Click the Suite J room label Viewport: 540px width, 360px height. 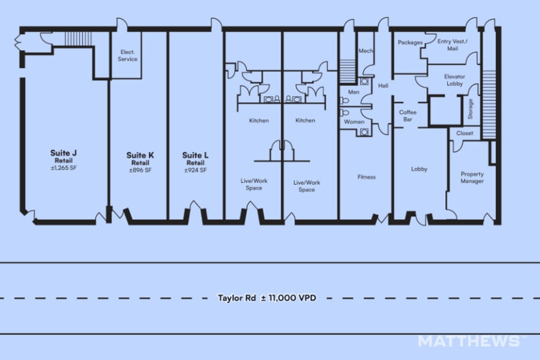[x=64, y=153]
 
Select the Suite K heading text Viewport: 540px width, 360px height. [x=140, y=156]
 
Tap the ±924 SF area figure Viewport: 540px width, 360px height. [x=195, y=170]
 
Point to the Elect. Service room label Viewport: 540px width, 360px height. [x=127, y=56]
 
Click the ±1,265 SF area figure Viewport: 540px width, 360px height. [x=64, y=168]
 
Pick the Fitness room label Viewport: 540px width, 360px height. [x=366, y=177]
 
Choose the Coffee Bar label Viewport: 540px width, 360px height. [x=408, y=116]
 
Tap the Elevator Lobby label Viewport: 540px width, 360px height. [x=454, y=80]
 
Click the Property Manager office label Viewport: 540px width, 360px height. [x=472, y=178]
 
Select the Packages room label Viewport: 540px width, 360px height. [x=410, y=42]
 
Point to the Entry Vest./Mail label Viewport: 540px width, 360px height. [x=452, y=45]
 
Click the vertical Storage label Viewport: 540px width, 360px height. [x=470, y=109]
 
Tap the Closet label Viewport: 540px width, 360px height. [x=465, y=133]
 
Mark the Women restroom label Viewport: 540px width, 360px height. [x=354, y=122]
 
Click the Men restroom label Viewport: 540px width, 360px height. [x=354, y=92]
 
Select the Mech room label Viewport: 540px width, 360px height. [x=366, y=51]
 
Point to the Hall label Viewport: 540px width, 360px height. [x=383, y=86]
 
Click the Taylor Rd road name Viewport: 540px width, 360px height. [x=236, y=298]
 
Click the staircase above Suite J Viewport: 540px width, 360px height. [x=78, y=39]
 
